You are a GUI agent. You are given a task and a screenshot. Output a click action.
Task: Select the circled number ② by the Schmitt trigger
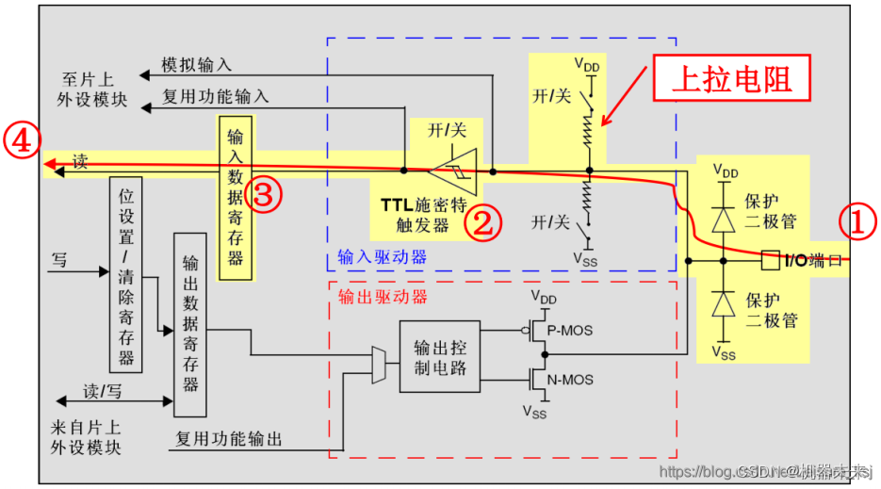[481, 222]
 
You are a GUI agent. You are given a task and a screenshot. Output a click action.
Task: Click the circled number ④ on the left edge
[21, 141]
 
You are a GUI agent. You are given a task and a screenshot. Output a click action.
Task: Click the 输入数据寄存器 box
[236, 199]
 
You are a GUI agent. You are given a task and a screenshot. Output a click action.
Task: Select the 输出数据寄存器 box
[190, 324]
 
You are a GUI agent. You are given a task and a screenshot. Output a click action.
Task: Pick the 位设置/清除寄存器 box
[126, 273]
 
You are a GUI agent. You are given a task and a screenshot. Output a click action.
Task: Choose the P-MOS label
[570, 330]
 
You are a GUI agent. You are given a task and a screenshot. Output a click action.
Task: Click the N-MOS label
[570, 381]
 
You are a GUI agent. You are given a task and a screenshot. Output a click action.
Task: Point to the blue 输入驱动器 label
[382, 256]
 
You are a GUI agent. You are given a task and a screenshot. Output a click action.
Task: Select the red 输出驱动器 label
[383, 297]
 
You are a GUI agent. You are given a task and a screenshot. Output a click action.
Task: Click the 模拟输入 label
[196, 65]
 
